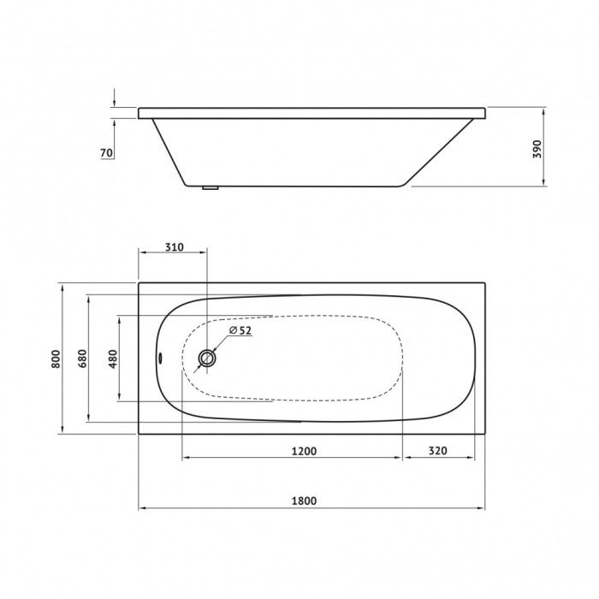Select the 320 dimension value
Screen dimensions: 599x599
[438, 451]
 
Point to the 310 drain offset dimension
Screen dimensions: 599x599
[173, 247]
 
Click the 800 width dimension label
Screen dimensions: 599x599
[55, 359]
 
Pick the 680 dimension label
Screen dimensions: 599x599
[82, 359]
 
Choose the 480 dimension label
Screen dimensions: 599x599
[112, 359]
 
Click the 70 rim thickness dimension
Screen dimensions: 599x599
[107, 153]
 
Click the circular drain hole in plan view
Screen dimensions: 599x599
[207, 359]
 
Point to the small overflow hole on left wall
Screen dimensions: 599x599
[160, 359]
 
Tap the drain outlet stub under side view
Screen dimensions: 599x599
[210, 188]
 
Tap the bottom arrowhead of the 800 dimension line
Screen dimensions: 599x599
[62, 432]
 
